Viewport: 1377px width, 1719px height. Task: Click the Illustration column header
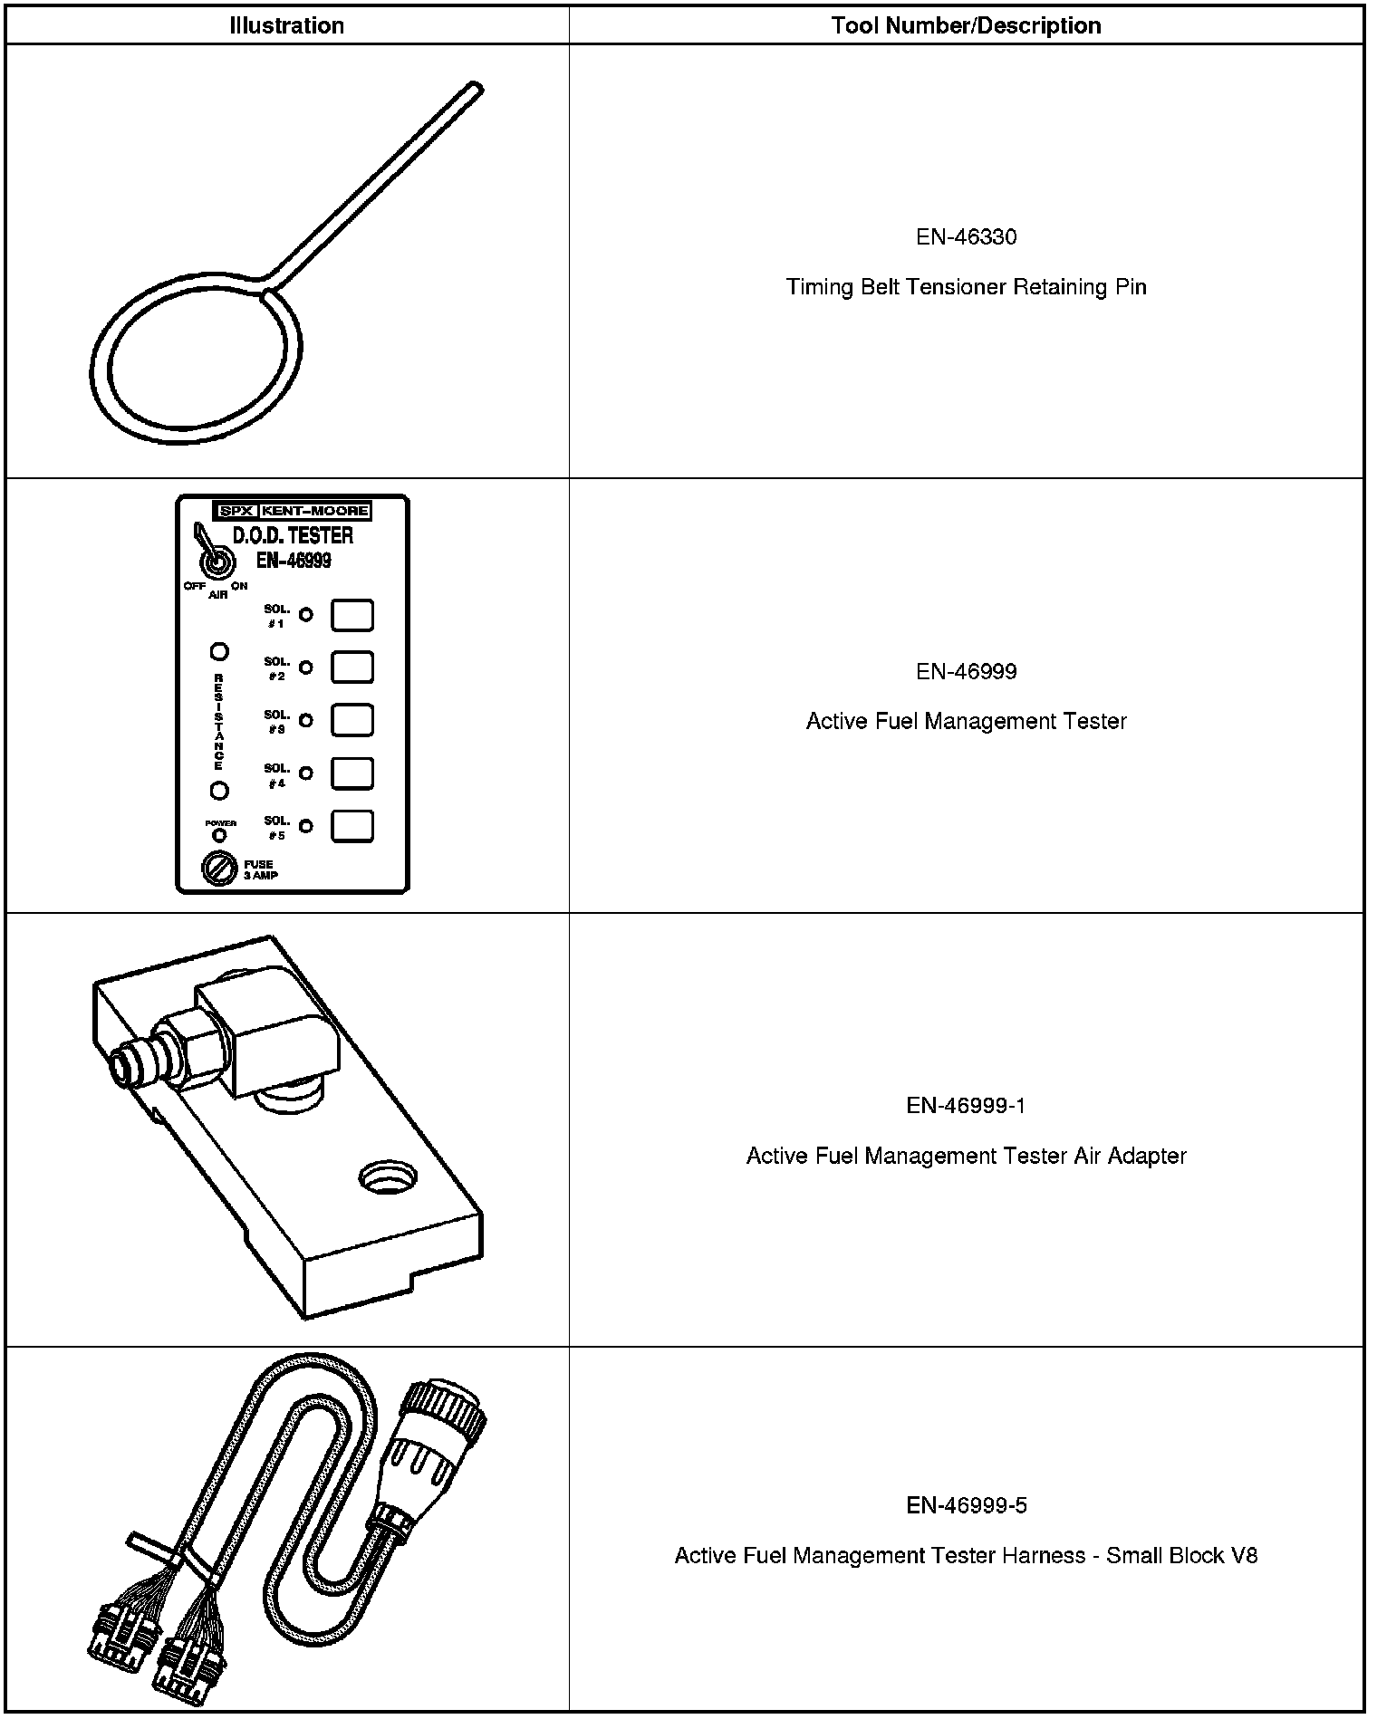pos(286,25)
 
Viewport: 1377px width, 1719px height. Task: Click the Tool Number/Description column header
pos(966,25)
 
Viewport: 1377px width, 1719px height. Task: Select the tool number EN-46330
pos(966,237)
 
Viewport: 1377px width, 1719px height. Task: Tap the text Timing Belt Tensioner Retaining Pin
pos(966,287)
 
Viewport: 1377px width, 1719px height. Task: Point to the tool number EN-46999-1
pos(966,1106)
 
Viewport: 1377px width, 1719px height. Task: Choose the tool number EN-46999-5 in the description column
pos(966,1505)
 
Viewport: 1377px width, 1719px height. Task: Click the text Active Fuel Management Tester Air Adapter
pos(966,1156)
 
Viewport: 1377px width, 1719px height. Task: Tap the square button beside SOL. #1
pos(351,615)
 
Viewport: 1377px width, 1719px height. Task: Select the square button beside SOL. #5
pos(351,826)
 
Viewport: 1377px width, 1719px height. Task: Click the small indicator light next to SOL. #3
pos(306,721)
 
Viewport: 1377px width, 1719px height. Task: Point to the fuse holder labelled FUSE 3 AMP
pos(219,869)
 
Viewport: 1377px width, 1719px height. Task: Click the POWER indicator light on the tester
pos(219,835)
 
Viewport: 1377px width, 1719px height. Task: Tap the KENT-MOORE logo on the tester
pos(314,511)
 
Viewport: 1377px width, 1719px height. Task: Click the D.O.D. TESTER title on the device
pos(293,535)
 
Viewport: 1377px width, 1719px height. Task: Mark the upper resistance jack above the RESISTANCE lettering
pos(219,651)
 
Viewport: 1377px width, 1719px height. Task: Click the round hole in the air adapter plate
pos(388,1179)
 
